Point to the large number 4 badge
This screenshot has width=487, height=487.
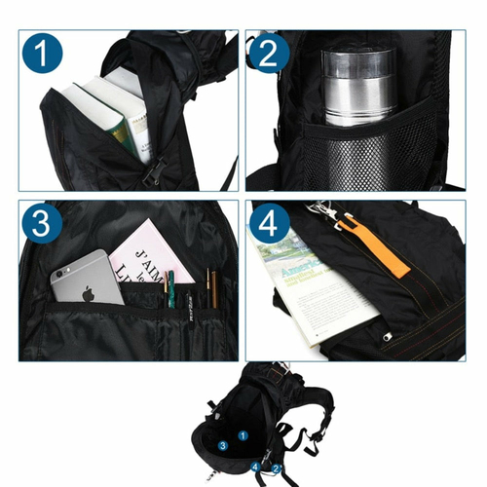pos(269,223)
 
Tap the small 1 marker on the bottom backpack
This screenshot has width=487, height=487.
pos(243,425)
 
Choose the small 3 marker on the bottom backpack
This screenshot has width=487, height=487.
pos(223,445)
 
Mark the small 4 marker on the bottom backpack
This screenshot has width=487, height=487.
pos(256,467)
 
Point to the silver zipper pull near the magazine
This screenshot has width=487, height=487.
pos(389,337)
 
